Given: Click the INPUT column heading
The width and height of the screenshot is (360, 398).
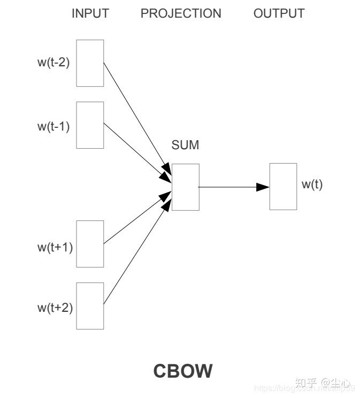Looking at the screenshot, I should (x=90, y=14).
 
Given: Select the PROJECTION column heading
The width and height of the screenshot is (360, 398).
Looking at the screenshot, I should (x=181, y=14).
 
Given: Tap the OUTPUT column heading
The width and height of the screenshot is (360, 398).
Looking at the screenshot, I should (x=279, y=14).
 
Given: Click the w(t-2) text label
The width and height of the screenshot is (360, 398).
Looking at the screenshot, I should (x=53, y=62).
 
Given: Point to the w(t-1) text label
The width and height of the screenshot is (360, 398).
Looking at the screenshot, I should (x=53, y=127).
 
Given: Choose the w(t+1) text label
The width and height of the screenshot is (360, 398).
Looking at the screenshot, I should (x=55, y=247).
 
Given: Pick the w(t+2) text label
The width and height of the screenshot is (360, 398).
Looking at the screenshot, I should (x=55, y=308).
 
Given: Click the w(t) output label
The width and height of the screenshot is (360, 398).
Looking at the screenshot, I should (x=312, y=185).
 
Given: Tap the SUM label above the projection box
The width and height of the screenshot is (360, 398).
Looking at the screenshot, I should (x=185, y=145).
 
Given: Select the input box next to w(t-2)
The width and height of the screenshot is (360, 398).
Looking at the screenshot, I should (x=90, y=63).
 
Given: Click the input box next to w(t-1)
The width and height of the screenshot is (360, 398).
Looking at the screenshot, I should (x=90, y=125).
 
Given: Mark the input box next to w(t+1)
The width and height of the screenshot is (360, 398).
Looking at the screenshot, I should (x=90, y=244).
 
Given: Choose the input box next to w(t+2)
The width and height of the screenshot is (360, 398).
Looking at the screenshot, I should (x=90, y=306).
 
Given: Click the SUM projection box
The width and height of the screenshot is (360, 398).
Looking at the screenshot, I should (x=185, y=187).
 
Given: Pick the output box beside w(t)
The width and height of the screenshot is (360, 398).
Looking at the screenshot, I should (x=283, y=187).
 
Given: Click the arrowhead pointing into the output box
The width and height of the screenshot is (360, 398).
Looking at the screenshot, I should (x=263, y=187).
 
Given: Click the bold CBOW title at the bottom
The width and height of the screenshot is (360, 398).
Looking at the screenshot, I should (x=183, y=371).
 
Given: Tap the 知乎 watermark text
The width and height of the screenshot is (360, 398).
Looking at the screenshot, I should (x=306, y=383).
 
